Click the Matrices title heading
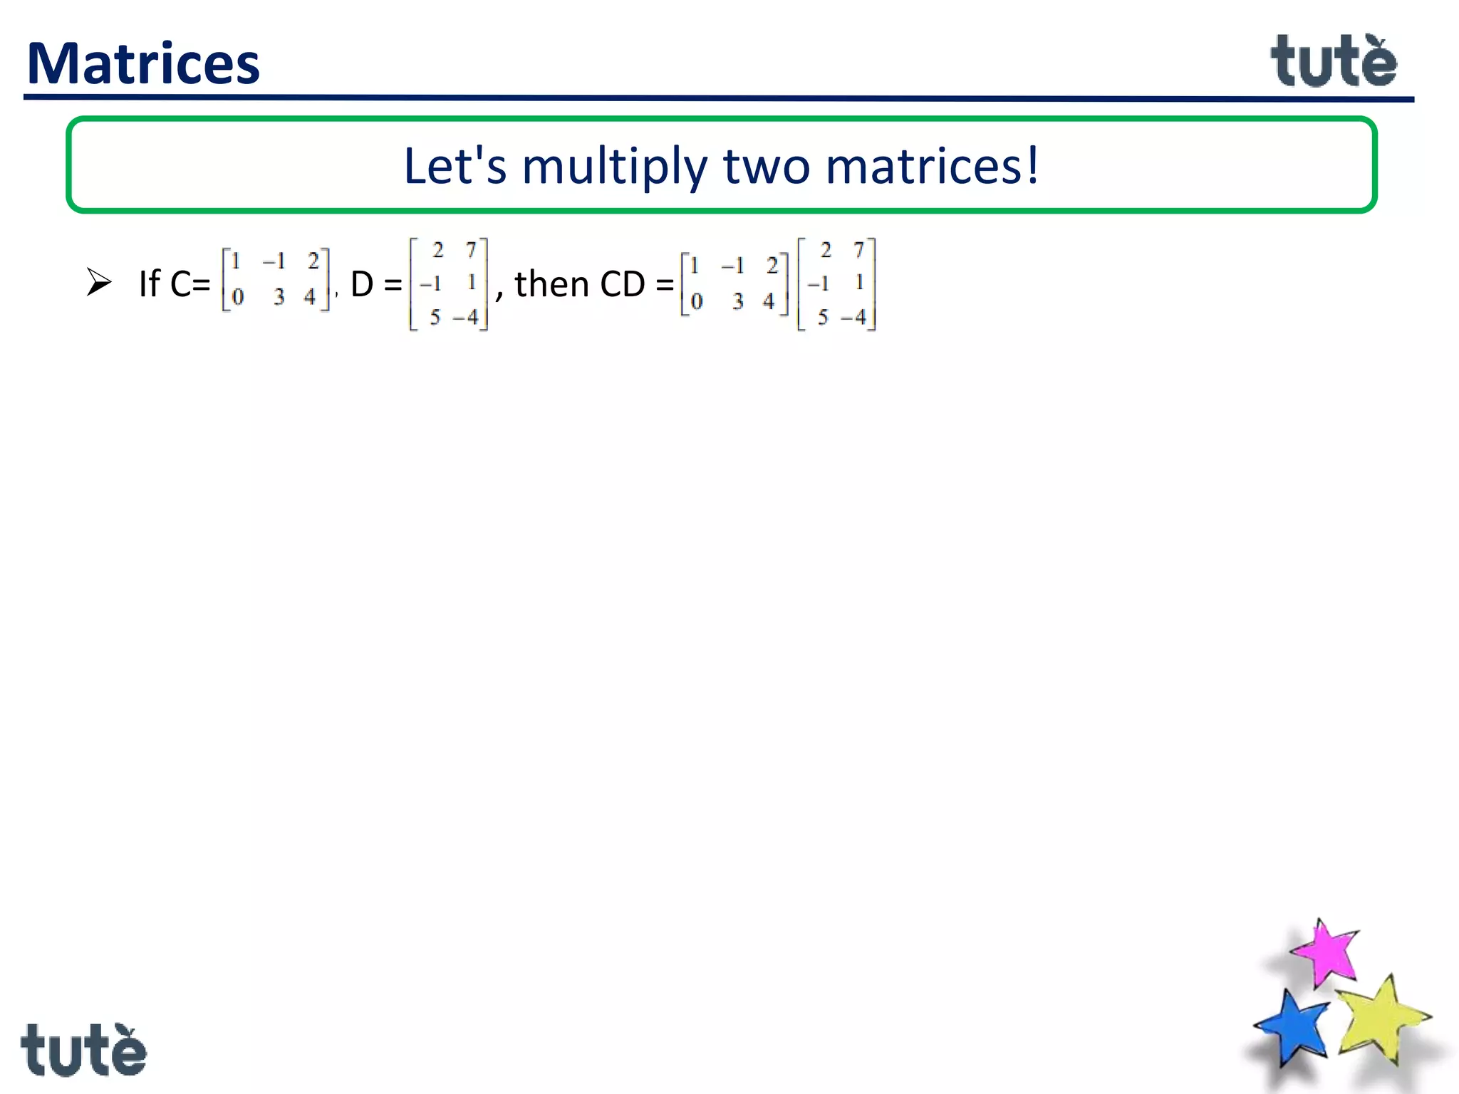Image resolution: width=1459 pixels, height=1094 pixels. pyautogui.click(x=143, y=63)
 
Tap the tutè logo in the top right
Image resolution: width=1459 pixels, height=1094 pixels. pyautogui.click(x=1334, y=62)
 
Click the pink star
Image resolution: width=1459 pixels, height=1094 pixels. pyautogui.click(x=1325, y=952)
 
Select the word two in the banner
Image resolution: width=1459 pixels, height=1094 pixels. pyautogui.click(x=767, y=166)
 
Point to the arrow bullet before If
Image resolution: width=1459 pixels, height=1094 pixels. pyautogui.click(x=99, y=282)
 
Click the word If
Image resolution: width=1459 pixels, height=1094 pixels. pyautogui.click(x=150, y=283)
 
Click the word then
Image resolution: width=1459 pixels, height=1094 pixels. pyautogui.click(x=551, y=283)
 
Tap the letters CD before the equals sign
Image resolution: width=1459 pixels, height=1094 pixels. pyautogui.click(x=623, y=284)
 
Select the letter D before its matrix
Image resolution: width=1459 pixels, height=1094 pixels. pyautogui.click(x=362, y=283)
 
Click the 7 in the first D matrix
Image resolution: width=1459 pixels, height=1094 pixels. pyautogui.click(x=471, y=250)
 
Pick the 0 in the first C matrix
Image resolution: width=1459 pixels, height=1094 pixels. pyautogui.click(x=238, y=296)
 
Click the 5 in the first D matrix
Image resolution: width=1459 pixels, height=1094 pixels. pyautogui.click(x=435, y=317)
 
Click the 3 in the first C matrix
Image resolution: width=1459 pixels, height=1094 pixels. pyautogui.click(x=279, y=296)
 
